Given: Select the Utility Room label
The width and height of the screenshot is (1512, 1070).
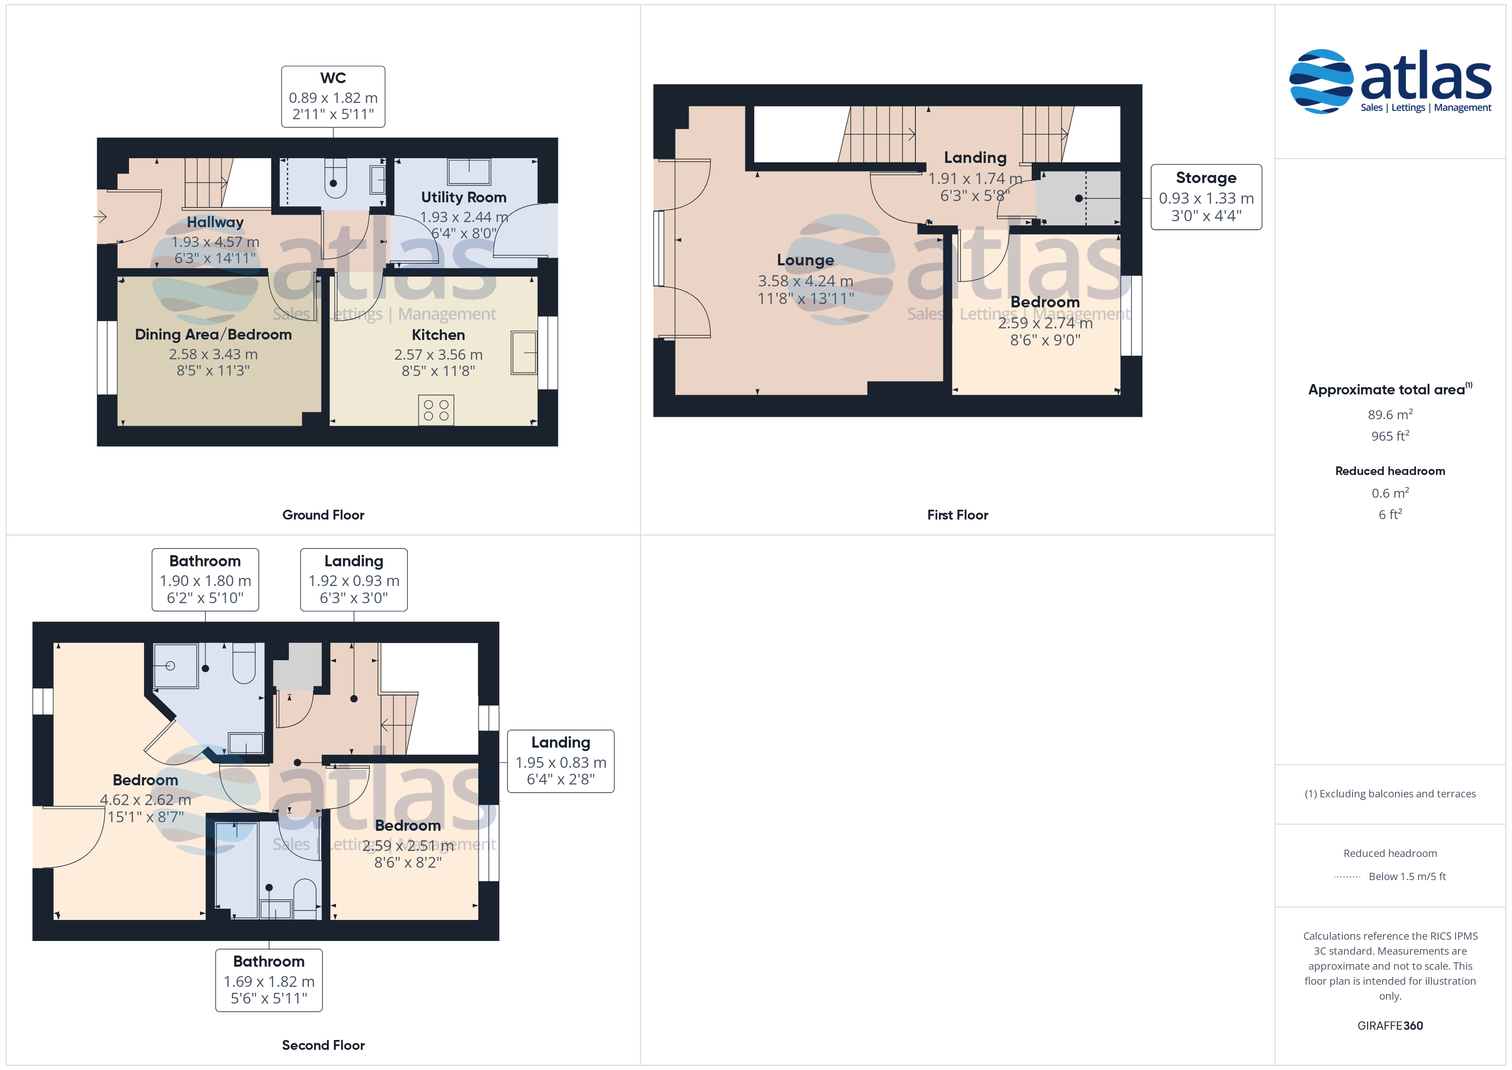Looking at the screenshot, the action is pyautogui.click(x=464, y=197).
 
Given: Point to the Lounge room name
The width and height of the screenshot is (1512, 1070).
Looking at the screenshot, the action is pyautogui.click(x=805, y=260).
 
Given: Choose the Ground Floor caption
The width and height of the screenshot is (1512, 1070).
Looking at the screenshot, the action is pyautogui.click(x=323, y=514).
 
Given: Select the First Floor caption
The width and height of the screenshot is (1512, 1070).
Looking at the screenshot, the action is pyautogui.click(x=957, y=514).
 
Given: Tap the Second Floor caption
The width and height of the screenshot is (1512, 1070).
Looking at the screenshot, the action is pyautogui.click(x=323, y=1045).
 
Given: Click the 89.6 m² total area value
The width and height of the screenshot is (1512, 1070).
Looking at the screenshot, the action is pyautogui.click(x=1390, y=415).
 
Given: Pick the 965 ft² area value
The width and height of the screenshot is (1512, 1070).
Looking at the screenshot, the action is pyautogui.click(x=1390, y=436).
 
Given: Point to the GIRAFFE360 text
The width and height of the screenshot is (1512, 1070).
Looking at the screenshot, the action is pyautogui.click(x=1390, y=1026).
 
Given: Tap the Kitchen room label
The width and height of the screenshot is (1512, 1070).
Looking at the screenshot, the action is pyautogui.click(x=438, y=335).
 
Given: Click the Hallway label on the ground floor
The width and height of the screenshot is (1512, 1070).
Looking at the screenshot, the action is pyautogui.click(x=215, y=222).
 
